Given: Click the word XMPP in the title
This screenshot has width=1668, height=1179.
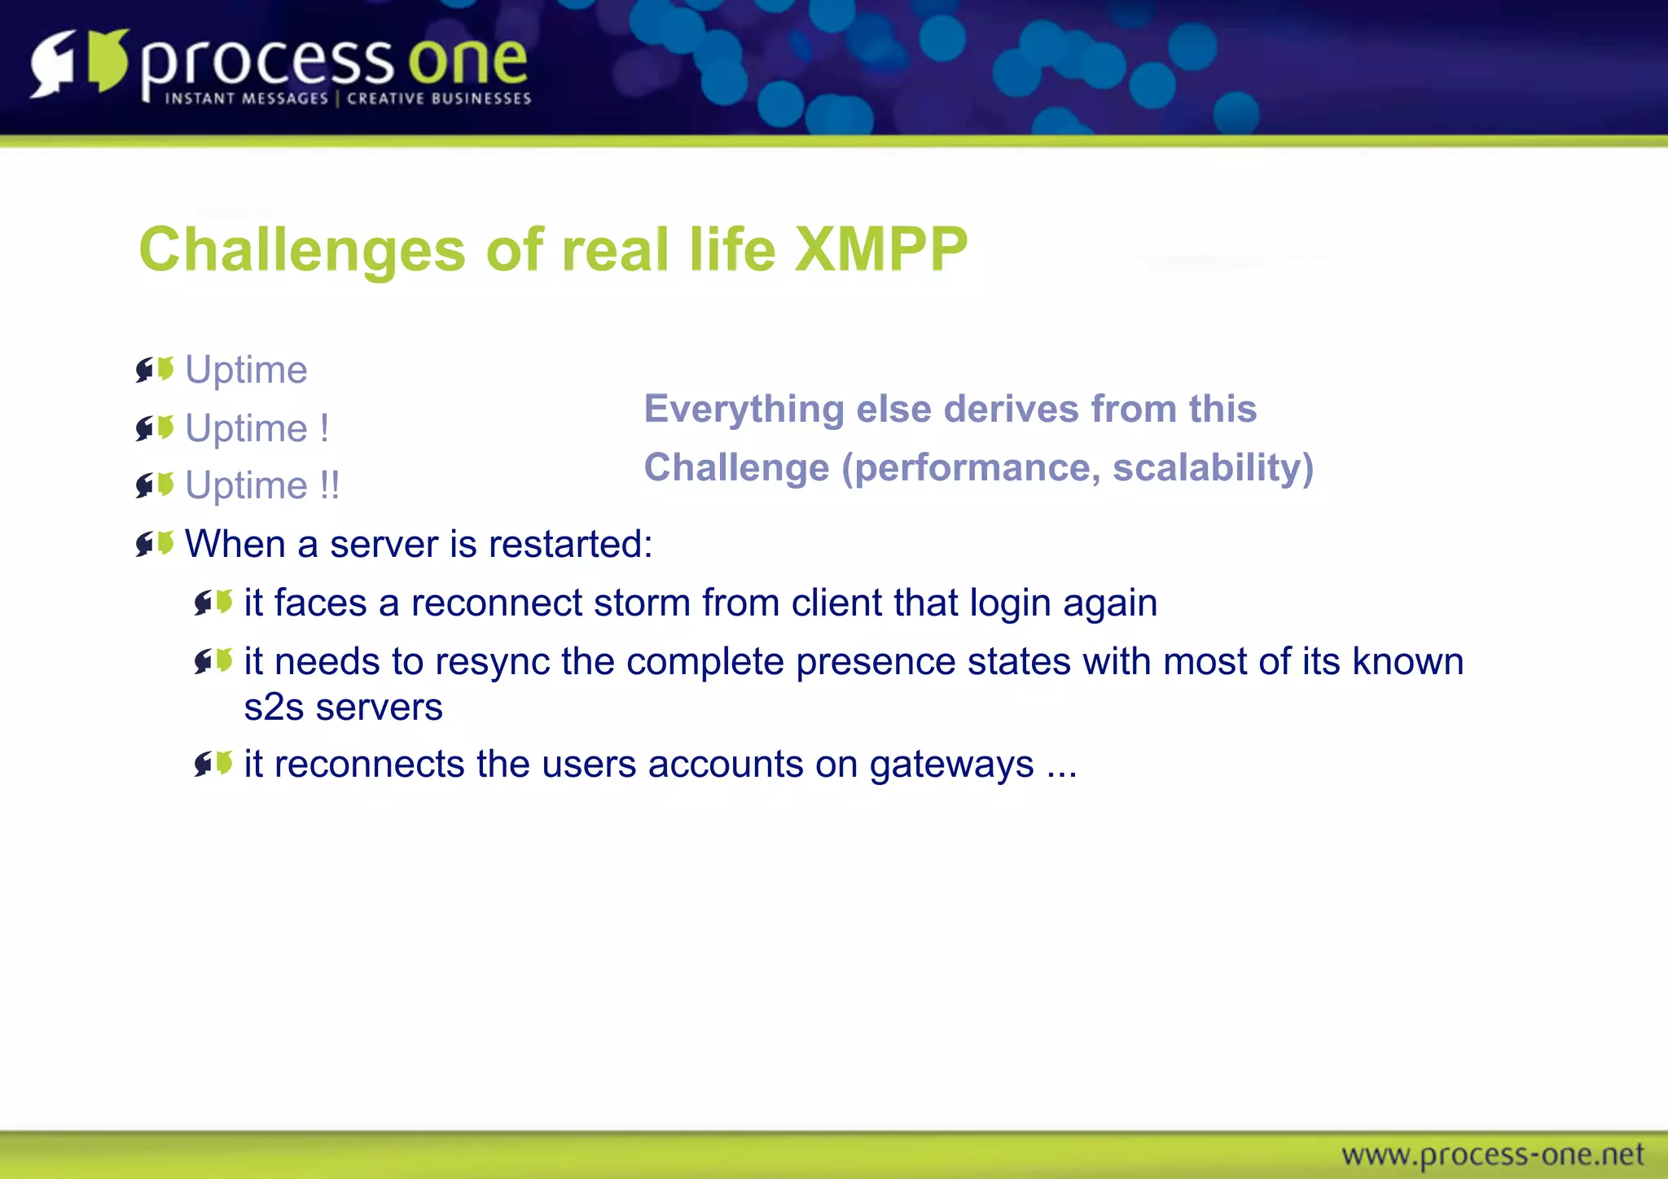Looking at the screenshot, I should pyautogui.click(x=880, y=249).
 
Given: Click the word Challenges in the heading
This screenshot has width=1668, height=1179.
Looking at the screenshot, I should pyautogui.click(x=301, y=249).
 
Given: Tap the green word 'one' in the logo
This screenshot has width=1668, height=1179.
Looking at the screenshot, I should pyautogui.click(x=467, y=62).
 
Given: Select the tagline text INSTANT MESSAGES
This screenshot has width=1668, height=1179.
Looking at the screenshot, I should pyautogui.click(x=246, y=99).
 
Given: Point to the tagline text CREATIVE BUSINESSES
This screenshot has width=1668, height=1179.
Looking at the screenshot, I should pyautogui.click(x=439, y=99).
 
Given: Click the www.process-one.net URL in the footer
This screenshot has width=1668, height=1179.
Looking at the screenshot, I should pyautogui.click(x=1492, y=1155).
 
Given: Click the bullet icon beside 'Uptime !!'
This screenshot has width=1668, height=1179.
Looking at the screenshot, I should pyautogui.click(x=155, y=485).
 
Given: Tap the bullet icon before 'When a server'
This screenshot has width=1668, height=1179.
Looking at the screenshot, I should pyautogui.click(x=155, y=544).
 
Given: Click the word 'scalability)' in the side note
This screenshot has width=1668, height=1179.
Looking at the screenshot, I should pyautogui.click(x=1213, y=467).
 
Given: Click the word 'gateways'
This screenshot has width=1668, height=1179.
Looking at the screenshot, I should pyautogui.click(x=950, y=765).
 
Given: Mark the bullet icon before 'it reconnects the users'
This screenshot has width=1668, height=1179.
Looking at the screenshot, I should pyautogui.click(x=213, y=764).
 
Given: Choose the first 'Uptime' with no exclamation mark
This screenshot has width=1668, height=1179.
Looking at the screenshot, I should pyautogui.click(x=246, y=370).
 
